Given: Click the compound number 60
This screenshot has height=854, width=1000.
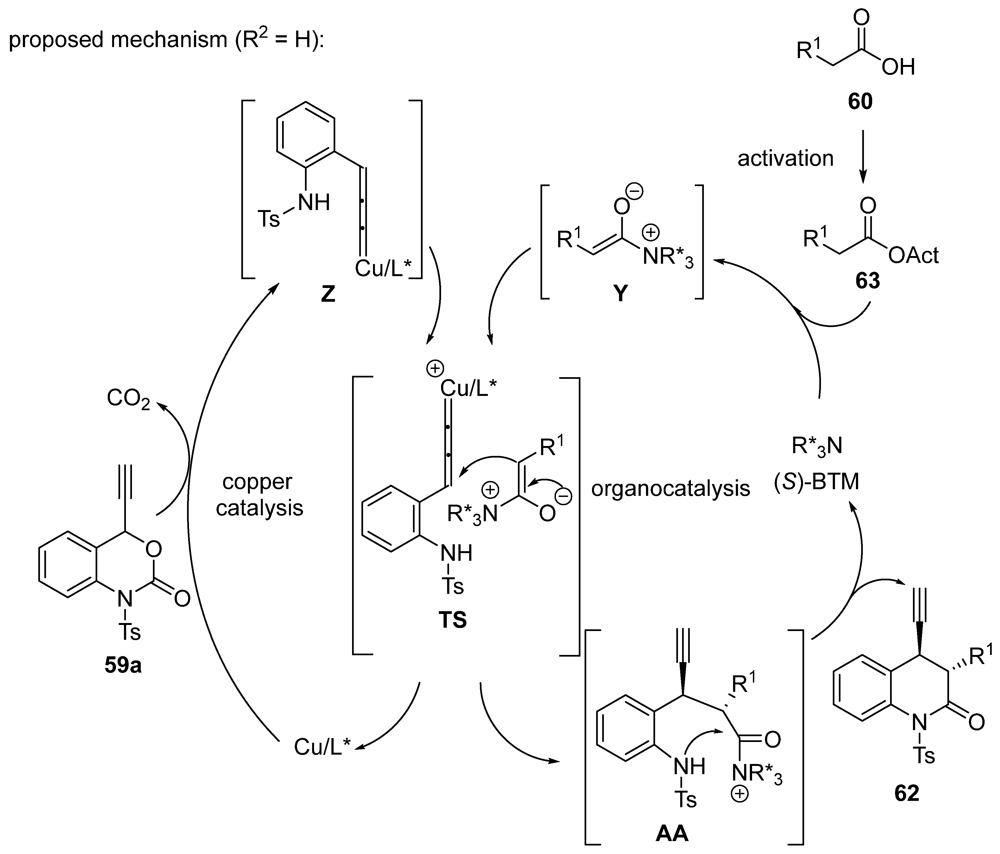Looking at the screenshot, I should click(x=860, y=102).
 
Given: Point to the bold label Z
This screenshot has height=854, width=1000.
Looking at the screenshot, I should click(x=328, y=294).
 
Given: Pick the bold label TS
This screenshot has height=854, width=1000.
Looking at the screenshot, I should click(x=453, y=620).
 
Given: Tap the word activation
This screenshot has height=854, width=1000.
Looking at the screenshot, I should click(x=785, y=159).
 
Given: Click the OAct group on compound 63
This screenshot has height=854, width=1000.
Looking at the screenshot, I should click(x=913, y=255).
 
